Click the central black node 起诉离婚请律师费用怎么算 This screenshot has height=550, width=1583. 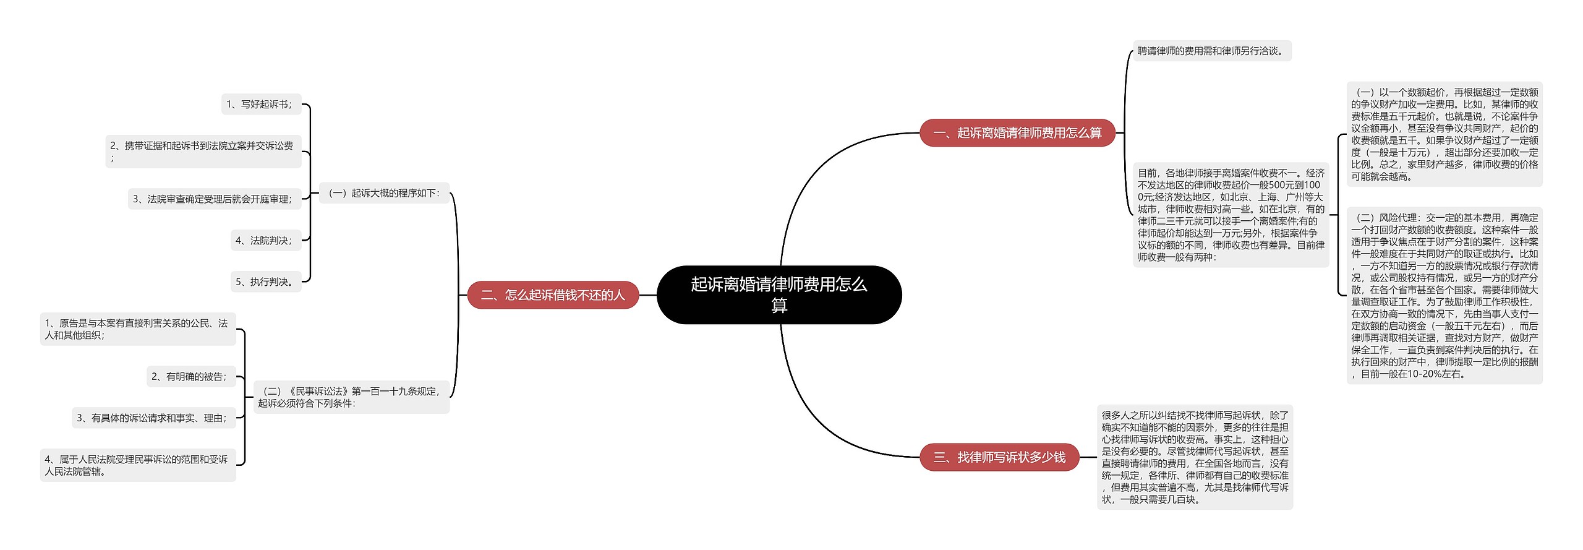pos(779,294)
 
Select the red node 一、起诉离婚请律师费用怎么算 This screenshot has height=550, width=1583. pos(1017,133)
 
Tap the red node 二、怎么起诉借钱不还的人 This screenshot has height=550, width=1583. pos(553,295)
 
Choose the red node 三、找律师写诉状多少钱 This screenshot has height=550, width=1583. pos(999,457)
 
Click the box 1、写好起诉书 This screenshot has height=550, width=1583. pos(260,105)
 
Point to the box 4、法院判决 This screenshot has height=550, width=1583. pos(265,241)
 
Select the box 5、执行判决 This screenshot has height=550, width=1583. pos(265,282)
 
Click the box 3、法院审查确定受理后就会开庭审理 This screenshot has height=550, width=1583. pos(214,199)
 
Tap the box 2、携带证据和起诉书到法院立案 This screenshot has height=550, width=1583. pos(203,152)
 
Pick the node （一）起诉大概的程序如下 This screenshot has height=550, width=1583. pos(383,193)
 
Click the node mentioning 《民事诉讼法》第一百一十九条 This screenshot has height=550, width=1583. pos(351,397)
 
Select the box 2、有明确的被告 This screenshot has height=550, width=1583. pos(190,377)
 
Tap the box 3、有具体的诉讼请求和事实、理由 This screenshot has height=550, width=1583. pos(153,418)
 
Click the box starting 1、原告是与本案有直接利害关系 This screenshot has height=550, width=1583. pos(137,329)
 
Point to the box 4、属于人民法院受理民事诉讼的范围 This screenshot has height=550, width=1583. pos(137,465)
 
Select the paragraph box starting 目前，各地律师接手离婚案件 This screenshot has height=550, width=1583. pos(1231,215)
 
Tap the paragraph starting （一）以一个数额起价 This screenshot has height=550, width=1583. pos(1444,134)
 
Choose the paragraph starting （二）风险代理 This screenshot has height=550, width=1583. pos(1444,296)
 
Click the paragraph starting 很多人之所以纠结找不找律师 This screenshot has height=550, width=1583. pos(1194,457)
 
